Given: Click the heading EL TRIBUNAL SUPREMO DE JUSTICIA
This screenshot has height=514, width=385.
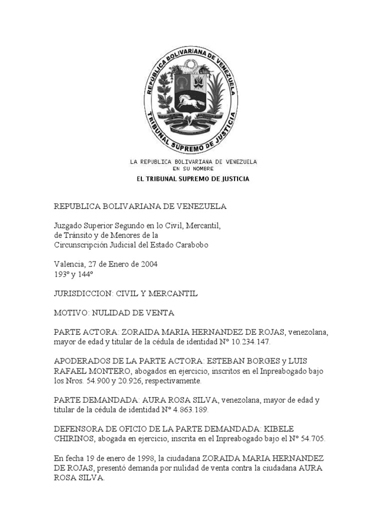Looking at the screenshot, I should [x=193, y=179].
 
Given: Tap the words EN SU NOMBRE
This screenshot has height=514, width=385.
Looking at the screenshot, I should [x=193, y=169].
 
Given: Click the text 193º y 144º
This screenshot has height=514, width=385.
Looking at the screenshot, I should [x=71, y=274].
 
